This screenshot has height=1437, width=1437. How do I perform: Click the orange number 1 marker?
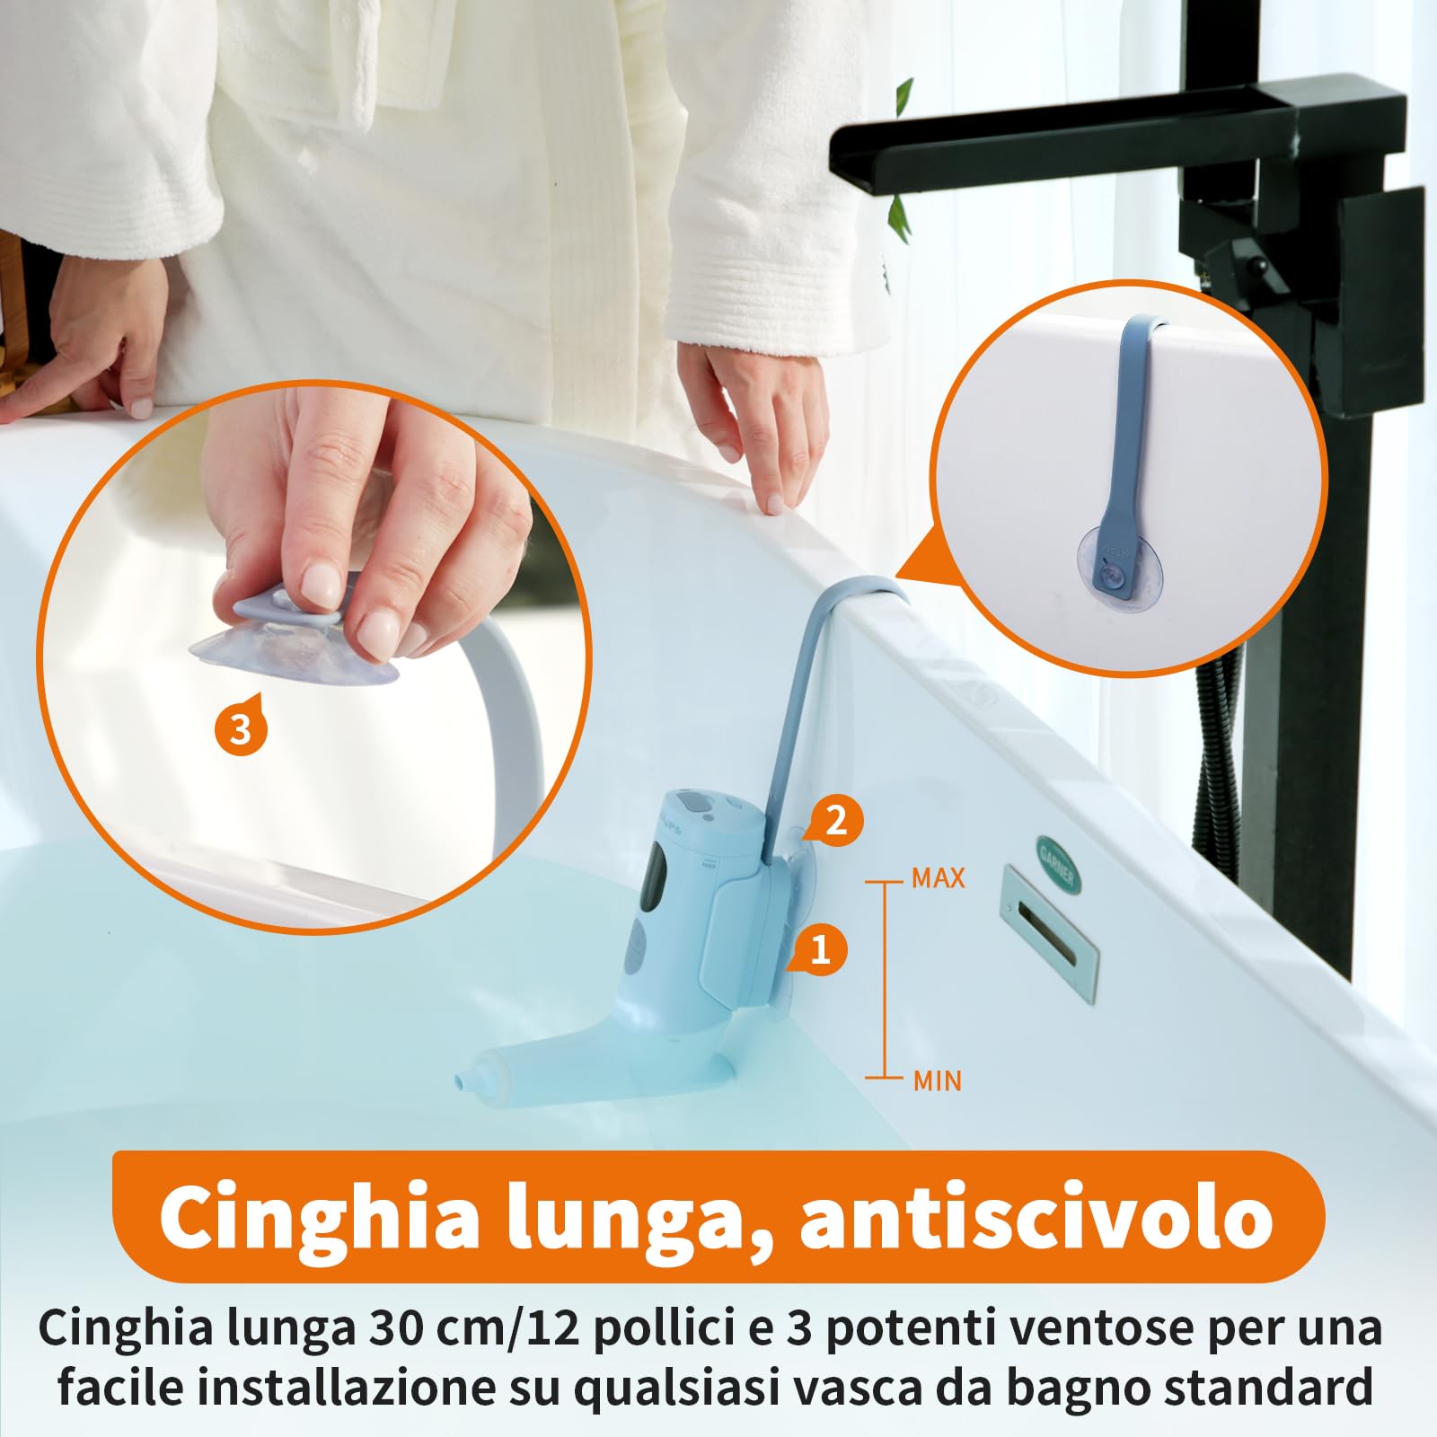coord(819,950)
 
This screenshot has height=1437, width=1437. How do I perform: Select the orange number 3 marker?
coord(241,729)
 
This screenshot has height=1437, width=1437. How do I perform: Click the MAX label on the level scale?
coord(938,878)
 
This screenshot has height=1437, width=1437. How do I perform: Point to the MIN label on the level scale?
coord(937,1080)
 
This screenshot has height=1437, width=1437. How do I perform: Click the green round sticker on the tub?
coord(1056,864)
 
